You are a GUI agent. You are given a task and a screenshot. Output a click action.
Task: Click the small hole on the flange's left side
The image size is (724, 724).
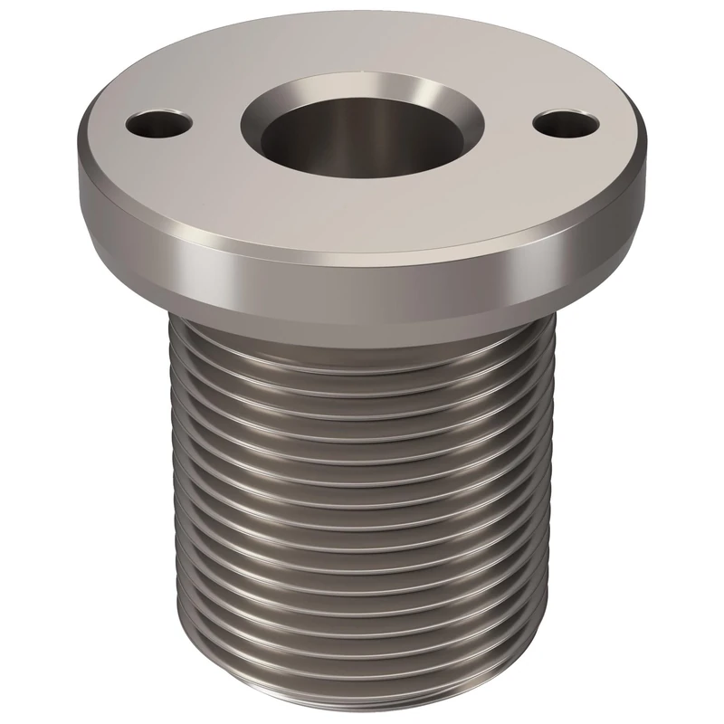(x=160, y=123)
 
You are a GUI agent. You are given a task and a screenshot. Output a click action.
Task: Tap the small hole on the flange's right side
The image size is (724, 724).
(x=567, y=120)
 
